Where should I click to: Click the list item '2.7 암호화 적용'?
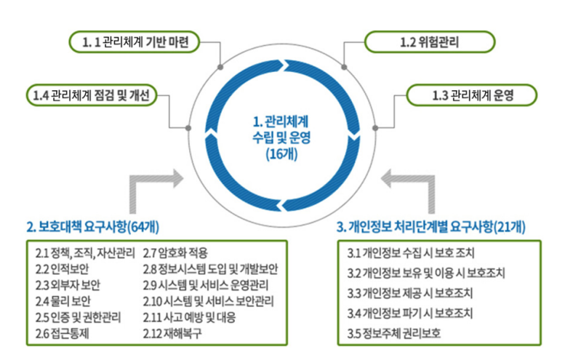[x=175, y=254]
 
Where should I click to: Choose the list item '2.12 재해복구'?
[x=172, y=333]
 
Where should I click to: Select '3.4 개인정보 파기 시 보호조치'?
[x=411, y=313]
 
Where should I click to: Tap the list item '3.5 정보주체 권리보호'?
[x=395, y=334]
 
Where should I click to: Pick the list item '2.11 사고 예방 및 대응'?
[x=190, y=317]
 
